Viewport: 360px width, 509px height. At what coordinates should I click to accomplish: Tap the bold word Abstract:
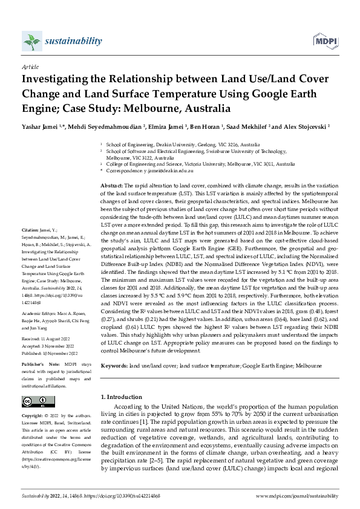(111, 184)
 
